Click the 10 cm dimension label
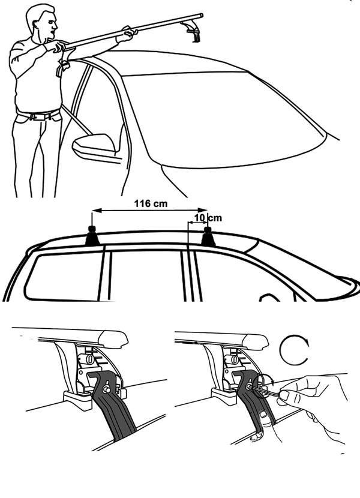[x=208, y=218]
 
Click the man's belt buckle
[x=38, y=117]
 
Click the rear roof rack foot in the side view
[x=92, y=236]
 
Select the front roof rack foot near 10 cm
[x=208, y=236]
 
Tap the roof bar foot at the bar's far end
[x=193, y=31]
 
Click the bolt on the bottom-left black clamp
[x=106, y=389]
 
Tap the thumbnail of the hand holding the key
[x=285, y=395]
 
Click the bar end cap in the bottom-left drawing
[x=113, y=338]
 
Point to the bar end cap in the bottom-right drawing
[x=255, y=342]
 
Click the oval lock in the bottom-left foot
[x=89, y=359]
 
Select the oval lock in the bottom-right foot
[x=234, y=359]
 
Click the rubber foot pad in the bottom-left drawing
[x=77, y=399]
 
